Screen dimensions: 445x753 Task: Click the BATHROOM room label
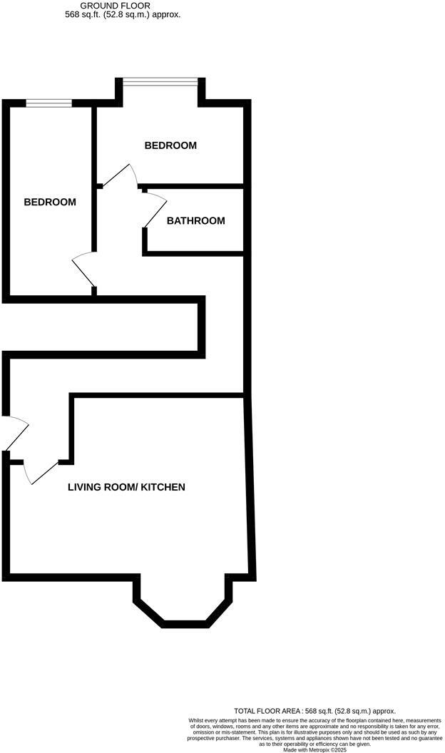click(195, 221)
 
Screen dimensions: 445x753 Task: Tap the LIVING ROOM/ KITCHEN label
click(126, 488)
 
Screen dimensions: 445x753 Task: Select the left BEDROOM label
click(50, 203)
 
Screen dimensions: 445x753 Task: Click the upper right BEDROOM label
click(170, 145)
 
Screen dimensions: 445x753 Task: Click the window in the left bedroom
click(49, 104)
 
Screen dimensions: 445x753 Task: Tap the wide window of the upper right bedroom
click(160, 81)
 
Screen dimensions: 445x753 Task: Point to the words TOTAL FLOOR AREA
click(267, 711)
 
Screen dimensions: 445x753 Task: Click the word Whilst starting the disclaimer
click(198, 721)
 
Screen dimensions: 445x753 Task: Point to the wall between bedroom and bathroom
click(194, 187)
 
